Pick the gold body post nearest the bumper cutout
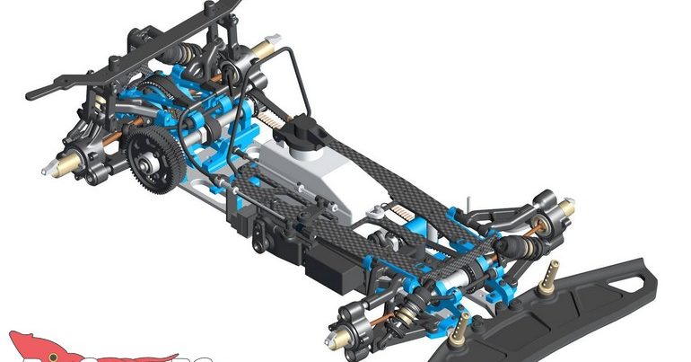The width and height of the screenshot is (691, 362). click(x=548, y=271)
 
